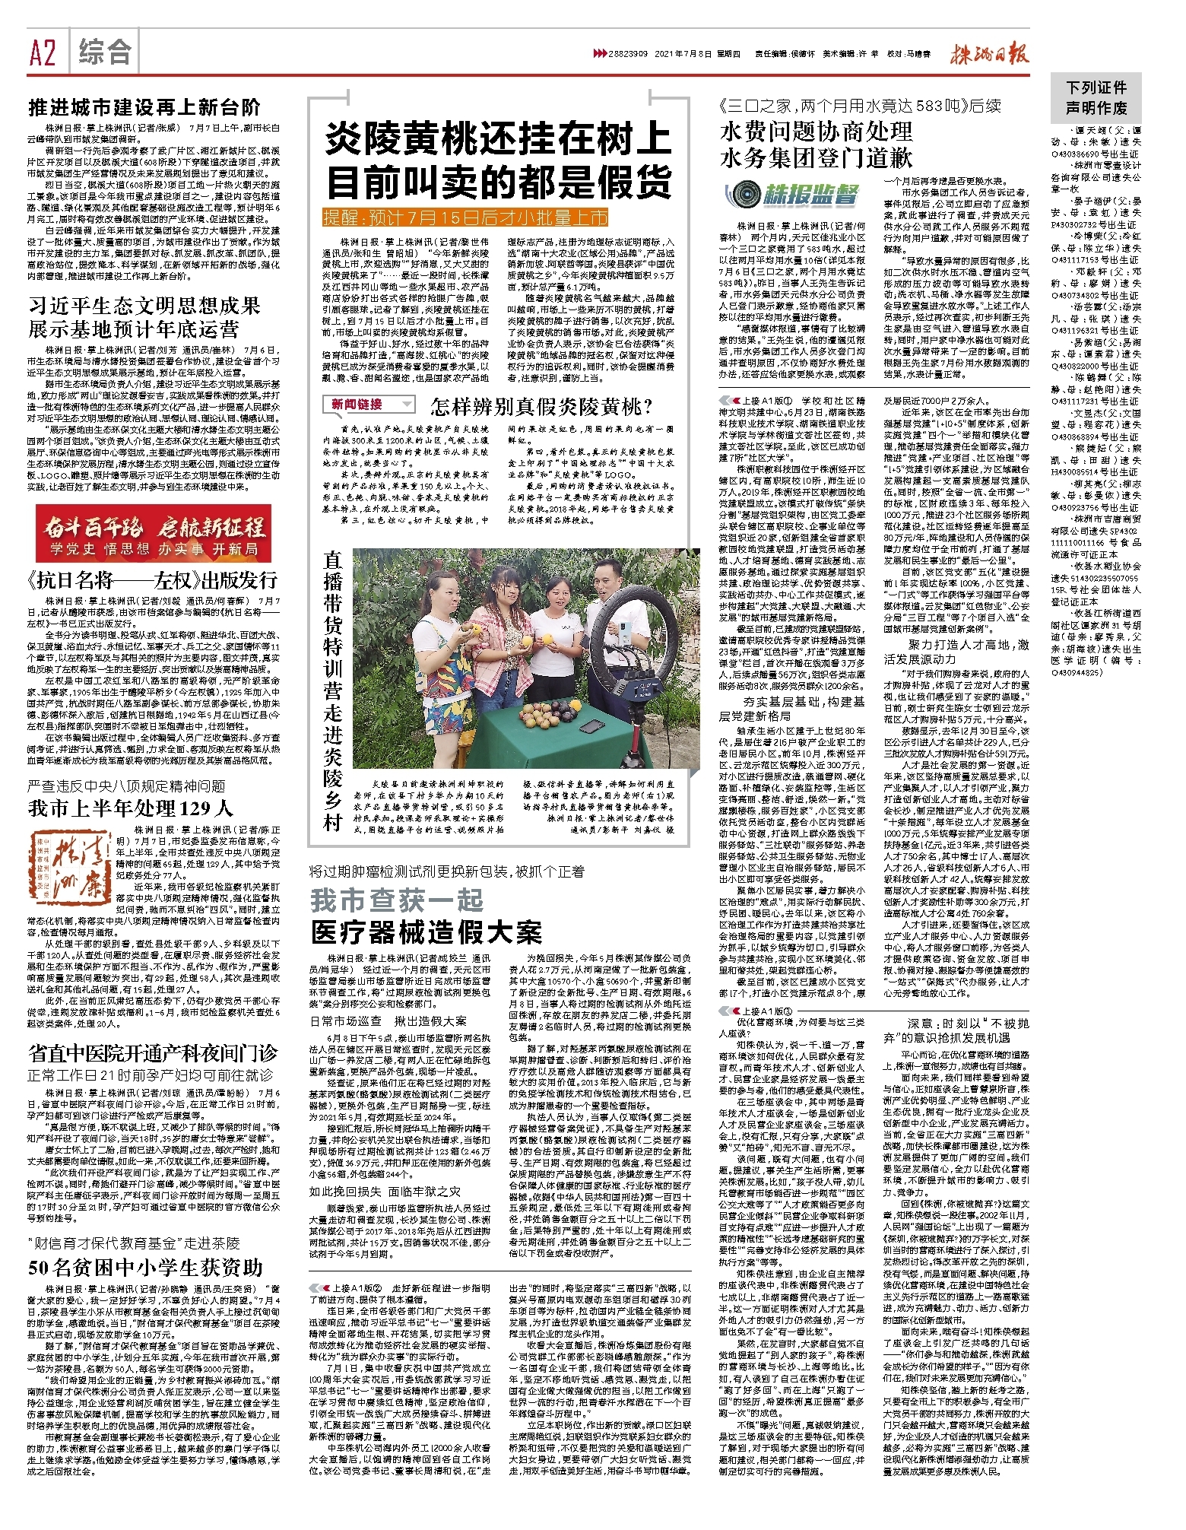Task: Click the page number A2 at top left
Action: tap(43, 53)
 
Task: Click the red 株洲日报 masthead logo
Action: tap(989, 54)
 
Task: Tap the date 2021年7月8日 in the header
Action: tap(683, 54)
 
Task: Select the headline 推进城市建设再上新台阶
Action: tap(144, 107)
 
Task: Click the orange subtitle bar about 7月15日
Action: tap(465, 218)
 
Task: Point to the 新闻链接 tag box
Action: tap(369, 405)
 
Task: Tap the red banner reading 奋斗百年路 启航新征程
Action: tap(154, 533)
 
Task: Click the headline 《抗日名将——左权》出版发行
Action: tap(153, 581)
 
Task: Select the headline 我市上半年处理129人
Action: tap(130, 808)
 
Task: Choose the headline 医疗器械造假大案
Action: tap(427, 932)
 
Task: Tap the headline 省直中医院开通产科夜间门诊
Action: tap(153, 1054)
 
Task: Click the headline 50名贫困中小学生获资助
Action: tap(145, 1268)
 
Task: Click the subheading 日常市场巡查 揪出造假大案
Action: tap(388, 1021)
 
